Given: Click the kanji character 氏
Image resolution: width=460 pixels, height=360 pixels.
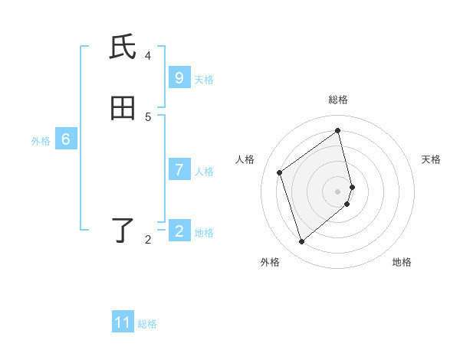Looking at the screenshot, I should (x=123, y=47).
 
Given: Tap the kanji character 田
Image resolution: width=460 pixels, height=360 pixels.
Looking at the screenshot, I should (x=123, y=109).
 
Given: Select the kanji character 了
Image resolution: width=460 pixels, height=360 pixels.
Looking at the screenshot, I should (x=123, y=231).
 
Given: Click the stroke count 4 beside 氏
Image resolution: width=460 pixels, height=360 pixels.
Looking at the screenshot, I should (x=148, y=55).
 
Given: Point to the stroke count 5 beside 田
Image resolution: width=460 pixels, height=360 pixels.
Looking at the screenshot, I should (x=148, y=116).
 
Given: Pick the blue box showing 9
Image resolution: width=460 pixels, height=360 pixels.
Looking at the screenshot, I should (x=179, y=78).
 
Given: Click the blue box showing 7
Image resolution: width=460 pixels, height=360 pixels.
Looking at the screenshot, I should (x=179, y=170).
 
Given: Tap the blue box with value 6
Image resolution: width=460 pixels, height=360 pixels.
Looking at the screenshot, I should (x=66, y=139).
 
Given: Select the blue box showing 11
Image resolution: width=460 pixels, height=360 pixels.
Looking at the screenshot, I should (x=123, y=322).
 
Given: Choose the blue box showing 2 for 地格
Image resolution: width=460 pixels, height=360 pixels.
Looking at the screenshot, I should (x=179, y=231).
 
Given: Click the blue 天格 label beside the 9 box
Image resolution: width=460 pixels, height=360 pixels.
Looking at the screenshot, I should (x=204, y=80).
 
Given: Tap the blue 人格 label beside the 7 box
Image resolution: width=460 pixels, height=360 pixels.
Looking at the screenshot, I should (x=204, y=172).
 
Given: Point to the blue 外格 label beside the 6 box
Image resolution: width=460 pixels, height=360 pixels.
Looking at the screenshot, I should (x=41, y=141).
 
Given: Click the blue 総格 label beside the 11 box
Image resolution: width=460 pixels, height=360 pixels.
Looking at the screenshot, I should (x=147, y=324).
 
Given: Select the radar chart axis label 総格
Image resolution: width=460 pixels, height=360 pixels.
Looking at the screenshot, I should (x=338, y=100).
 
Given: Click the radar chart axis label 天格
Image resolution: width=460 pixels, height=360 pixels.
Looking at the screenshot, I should (x=431, y=159).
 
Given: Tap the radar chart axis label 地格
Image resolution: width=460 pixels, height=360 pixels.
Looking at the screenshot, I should (x=402, y=262).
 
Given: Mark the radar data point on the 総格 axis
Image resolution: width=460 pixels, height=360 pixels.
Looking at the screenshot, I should (x=338, y=130).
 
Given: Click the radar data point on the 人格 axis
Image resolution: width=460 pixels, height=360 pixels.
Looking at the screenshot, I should (x=280, y=172).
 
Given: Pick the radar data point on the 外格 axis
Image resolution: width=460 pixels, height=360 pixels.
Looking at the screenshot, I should (x=301, y=242).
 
